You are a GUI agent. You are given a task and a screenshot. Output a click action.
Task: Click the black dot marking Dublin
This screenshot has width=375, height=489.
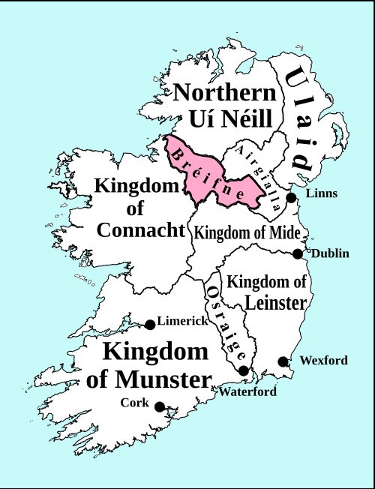(298, 253)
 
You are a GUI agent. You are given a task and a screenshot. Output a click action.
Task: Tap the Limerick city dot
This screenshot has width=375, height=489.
(150, 324)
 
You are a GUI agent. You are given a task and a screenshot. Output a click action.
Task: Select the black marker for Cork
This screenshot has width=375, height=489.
(160, 406)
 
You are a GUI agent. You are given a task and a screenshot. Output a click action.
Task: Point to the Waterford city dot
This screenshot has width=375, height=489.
(244, 370)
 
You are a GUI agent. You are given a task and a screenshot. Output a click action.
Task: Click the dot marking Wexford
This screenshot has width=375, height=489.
(283, 361)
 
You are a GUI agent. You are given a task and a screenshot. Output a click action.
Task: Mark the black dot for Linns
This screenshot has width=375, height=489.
(292, 196)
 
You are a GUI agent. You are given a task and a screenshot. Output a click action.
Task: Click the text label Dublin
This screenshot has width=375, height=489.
(330, 253)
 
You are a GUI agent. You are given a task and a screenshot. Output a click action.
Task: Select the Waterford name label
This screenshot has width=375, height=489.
(247, 391)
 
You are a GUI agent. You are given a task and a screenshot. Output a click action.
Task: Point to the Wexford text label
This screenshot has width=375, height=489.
(323, 361)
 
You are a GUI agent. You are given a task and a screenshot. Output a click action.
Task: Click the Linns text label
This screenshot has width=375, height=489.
(322, 193)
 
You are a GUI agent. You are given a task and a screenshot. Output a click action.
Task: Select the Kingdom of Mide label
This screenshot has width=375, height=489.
(247, 232)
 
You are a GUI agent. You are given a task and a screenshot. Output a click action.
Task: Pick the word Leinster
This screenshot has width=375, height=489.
(275, 302)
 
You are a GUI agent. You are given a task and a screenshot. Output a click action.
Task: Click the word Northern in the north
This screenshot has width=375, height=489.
(225, 94)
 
